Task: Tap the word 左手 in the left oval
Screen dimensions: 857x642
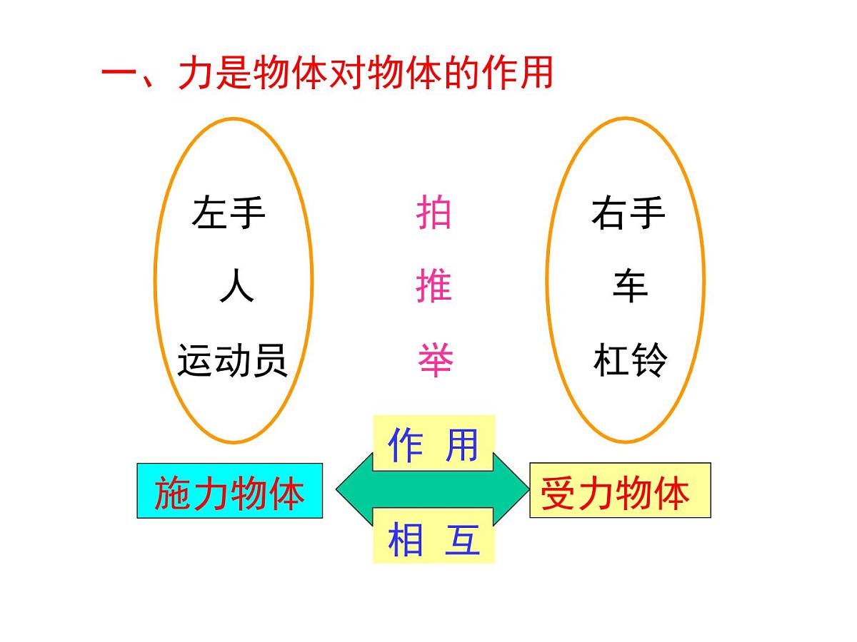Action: coord(229,213)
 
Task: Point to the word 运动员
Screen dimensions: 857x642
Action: coord(232,361)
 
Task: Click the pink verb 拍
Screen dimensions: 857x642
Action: coord(433,213)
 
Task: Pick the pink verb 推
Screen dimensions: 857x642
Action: coord(433,287)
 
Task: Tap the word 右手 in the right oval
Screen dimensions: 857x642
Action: coord(628,213)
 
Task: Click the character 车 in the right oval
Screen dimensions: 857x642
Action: coord(629,287)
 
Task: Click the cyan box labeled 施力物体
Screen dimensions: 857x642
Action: coord(229,491)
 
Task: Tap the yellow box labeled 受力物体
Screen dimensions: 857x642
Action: coord(619,491)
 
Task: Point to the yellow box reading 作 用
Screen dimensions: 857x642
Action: coord(433,444)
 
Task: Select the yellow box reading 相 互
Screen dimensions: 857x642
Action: coord(433,536)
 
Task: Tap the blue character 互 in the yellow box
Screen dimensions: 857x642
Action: coord(462,539)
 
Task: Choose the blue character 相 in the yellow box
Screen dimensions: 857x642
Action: coord(404,539)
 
